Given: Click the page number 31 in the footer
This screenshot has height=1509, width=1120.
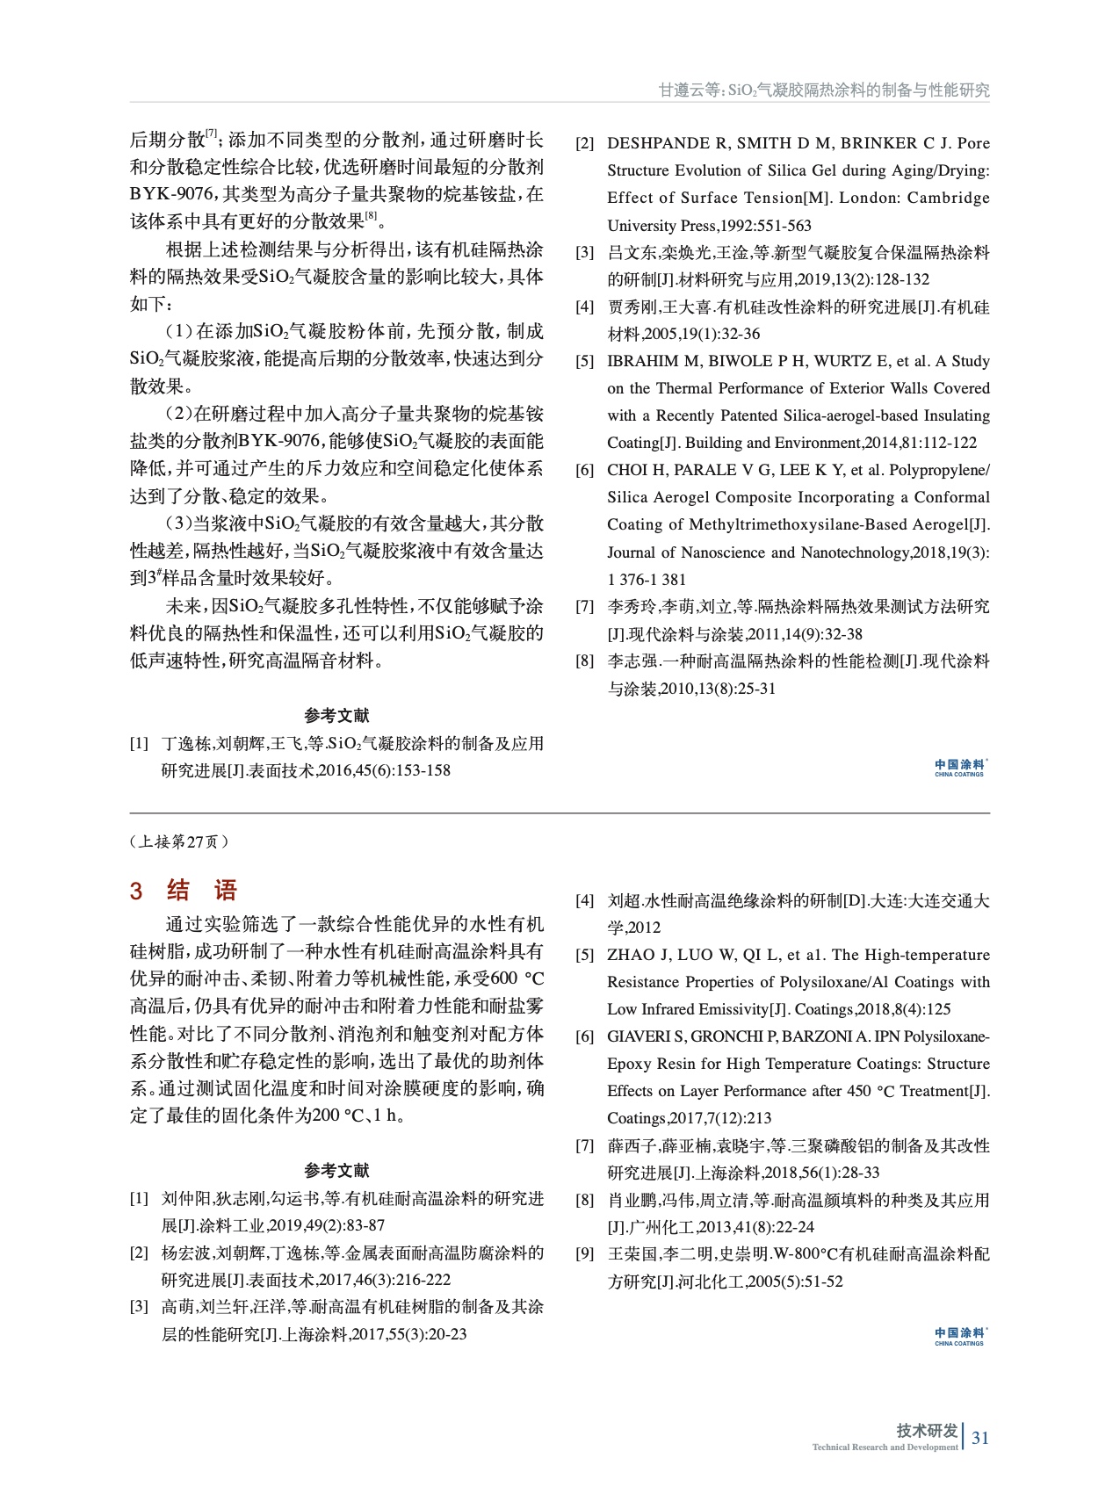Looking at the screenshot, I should click(980, 1437).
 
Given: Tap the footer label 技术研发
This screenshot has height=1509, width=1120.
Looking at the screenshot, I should click(927, 1430).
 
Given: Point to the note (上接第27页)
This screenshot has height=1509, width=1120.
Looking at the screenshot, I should click(180, 841).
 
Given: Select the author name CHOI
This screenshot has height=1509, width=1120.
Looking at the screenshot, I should click(627, 470).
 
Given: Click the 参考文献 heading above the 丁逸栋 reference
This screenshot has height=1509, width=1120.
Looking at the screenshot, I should click(336, 715).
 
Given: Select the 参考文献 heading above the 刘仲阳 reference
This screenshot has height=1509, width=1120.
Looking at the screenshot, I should click(336, 1170).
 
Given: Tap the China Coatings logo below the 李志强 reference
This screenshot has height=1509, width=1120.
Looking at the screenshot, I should click(959, 768).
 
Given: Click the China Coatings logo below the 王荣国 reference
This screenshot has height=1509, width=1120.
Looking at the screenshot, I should click(959, 1336).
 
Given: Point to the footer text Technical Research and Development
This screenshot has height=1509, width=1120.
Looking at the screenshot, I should click(885, 1448).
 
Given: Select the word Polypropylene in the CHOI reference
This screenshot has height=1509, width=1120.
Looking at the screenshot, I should click(939, 470).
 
